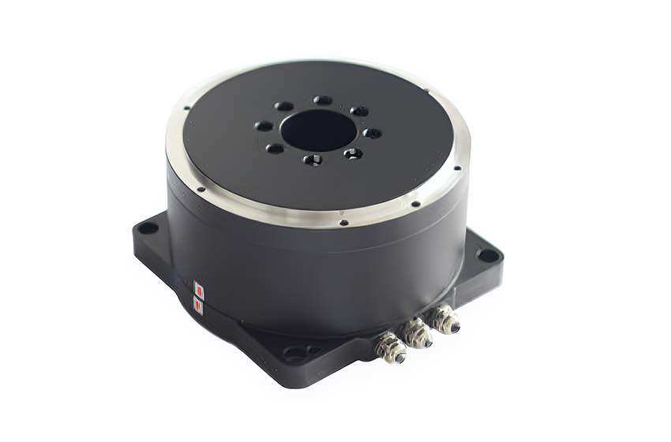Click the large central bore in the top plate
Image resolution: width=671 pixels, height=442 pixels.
click(x=318, y=129)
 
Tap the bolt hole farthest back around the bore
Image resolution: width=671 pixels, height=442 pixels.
click(x=323, y=100)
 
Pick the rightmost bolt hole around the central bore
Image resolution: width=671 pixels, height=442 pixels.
click(x=372, y=133)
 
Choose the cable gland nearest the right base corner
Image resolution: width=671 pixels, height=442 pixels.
click(x=444, y=319)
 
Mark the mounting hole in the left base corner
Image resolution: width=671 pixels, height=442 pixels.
click(x=147, y=229)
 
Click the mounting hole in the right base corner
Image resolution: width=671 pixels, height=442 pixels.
click(x=488, y=255)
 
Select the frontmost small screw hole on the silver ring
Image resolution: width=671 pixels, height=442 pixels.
click(x=344, y=222)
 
